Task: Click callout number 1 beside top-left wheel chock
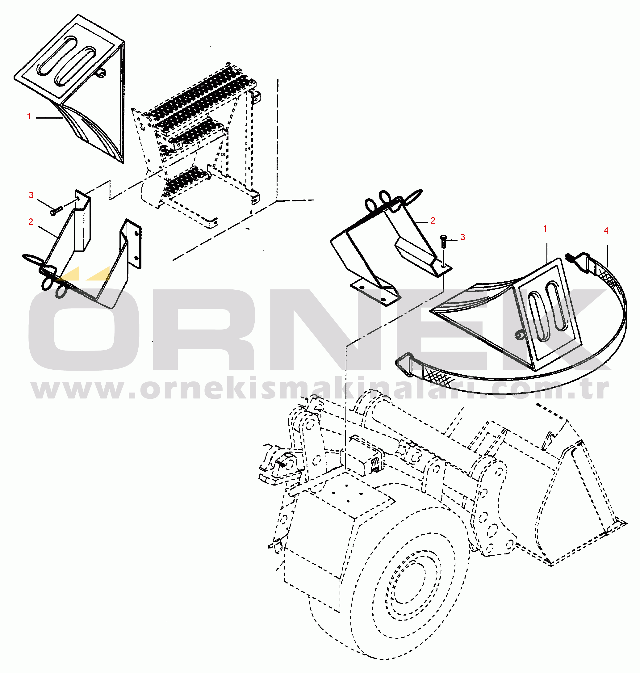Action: (x=29, y=116)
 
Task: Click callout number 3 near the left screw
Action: (x=31, y=195)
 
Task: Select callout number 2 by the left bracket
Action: (x=31, y=222)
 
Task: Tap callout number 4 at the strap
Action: (x=605, y=231)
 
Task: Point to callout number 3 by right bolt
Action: (x=462, y=237)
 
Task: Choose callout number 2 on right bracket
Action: (x=433, y=221)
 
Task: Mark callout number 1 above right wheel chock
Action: (x=545, y=229)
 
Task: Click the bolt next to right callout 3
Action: (x=444, y=241)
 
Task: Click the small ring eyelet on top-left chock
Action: (x=101, y=72)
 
